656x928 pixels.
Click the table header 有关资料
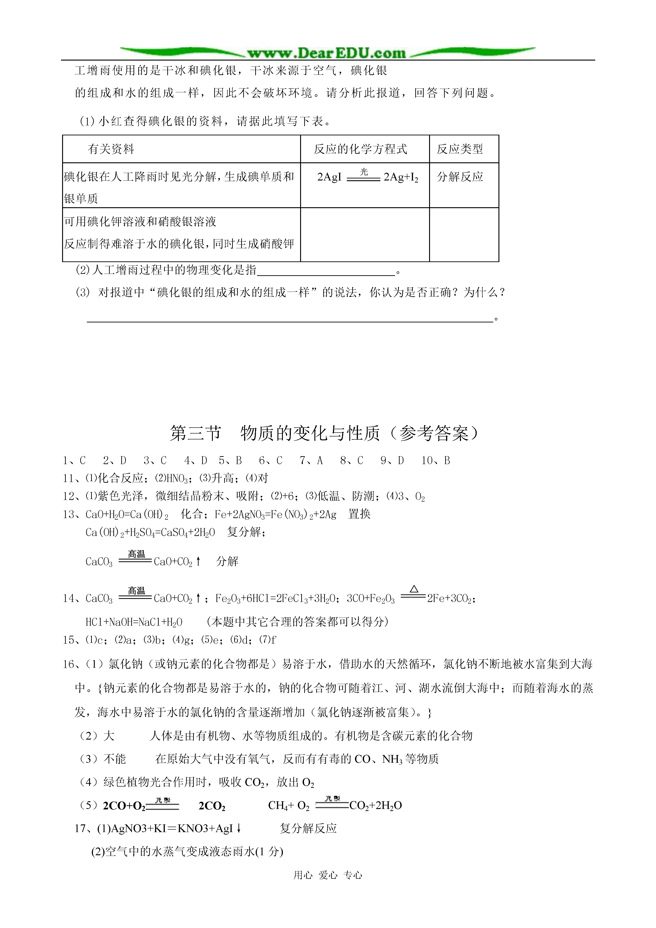pyautogui.click(x=111, y=149)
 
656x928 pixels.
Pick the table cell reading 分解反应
pyautogui.click(x=460, y=177)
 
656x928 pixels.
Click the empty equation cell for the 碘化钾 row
pyautogui.click(x=364, y=234)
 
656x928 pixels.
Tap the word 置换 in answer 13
pyautogui.click(x=359, y=514)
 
